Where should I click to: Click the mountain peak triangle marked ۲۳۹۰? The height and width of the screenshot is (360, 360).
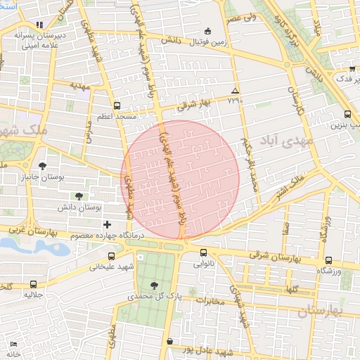point(235,91)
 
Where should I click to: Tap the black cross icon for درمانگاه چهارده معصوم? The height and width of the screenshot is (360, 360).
point(107,225)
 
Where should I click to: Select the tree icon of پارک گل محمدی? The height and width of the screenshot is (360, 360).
point(155,284)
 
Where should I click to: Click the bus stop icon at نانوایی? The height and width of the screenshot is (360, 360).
point(204,253)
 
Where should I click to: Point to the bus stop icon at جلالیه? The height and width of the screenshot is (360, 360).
point(34,284)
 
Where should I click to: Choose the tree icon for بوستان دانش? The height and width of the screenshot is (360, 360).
point(78,196)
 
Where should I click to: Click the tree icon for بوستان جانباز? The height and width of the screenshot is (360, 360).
point(44,166)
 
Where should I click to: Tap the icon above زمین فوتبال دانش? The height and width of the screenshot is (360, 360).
point(207,31)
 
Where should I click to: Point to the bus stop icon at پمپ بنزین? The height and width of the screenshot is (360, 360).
point(347,114)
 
